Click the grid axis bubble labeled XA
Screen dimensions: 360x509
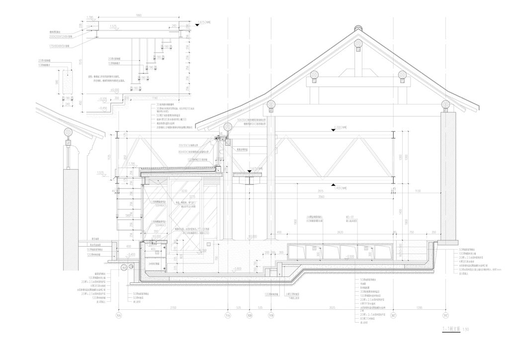click(118, 315)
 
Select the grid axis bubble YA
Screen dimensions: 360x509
click(228, 315)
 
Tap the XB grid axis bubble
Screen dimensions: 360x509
click(250, 315)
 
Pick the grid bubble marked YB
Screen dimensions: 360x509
click(271, 315)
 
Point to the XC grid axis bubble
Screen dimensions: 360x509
click(393, 315)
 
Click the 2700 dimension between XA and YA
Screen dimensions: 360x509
click(173, 308)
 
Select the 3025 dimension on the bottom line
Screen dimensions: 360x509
click(332, 308)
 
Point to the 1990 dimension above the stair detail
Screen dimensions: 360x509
click(139, 16)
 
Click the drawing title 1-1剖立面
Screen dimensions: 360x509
click(450, 329)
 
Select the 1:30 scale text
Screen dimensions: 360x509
click(466, 329)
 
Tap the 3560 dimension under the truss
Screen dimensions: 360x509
click(324, 196)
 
